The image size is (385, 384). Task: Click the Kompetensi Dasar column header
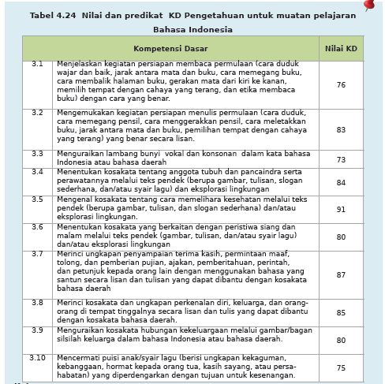coord(170,48)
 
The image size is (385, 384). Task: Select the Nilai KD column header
coord(341,48)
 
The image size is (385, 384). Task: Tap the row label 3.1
coord(37,64)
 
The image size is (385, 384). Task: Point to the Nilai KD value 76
coord(341,85)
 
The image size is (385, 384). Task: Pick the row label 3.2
coord(37,113)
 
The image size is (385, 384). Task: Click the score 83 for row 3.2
coord(341,129)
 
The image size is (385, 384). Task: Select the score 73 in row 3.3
coord(341,159)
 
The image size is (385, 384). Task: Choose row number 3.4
coord(37,172)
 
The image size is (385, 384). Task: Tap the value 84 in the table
coord(341,182)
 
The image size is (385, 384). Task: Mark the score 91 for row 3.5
coord(341,209)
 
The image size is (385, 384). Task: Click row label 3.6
coord(37,227)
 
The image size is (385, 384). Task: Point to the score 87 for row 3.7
coord(341,274)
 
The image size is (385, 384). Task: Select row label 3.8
coord(37,303)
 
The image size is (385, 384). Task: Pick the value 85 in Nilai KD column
coord(341,312)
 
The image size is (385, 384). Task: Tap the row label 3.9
coord(37,330)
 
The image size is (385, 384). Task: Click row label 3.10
coord(37,358)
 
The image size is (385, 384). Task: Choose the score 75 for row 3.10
coord(341,367)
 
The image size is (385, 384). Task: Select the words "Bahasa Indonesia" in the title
coord(192,30)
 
